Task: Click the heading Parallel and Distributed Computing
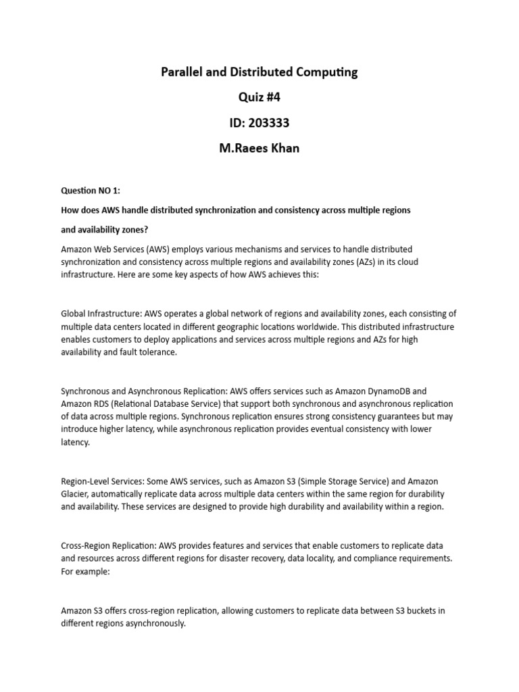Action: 259,72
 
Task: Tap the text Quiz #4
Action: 259,97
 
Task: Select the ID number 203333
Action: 272,123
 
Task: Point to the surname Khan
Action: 283,149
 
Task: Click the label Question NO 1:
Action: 91,191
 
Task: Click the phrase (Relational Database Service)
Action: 153,403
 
